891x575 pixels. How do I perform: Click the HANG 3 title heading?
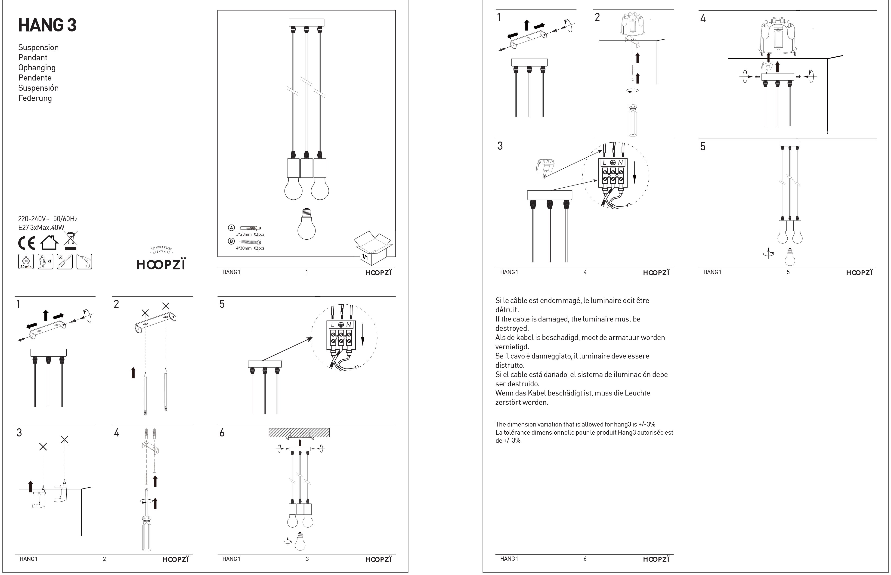click(47, 25)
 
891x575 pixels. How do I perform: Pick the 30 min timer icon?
click(26, 261)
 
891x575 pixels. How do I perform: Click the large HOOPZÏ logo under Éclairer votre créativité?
click(161, 264)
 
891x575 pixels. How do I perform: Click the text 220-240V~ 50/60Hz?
click(48, 219)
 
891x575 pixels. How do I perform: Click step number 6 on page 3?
click(222, 433)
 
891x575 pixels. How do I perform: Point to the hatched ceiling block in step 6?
click(299, 433)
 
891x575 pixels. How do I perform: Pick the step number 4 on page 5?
click(703, 18)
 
